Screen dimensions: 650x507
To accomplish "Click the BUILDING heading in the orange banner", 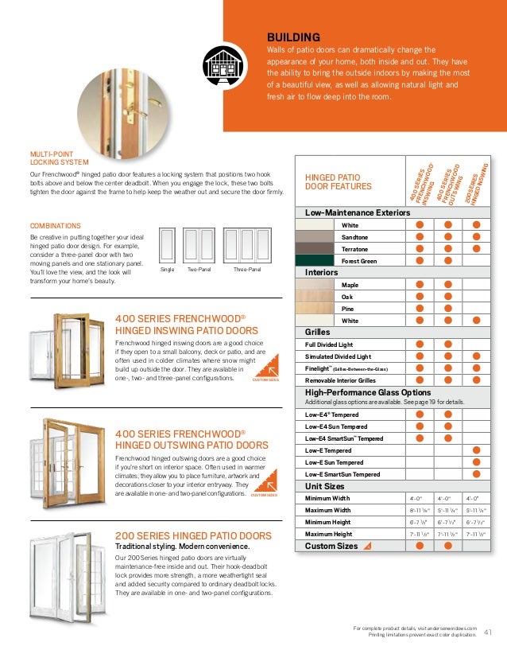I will (293, 37).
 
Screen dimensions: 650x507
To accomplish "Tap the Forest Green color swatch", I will (314, 260).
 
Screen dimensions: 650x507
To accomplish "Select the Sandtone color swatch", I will (314, 237).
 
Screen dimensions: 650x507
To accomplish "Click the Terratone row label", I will (355, 249).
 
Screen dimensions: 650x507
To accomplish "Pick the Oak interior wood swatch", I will (314, 296).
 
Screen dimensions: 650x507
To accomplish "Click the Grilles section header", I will (318, 332).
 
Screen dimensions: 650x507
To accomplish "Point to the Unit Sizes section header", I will (324, 485).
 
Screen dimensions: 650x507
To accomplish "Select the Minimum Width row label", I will (327, 498).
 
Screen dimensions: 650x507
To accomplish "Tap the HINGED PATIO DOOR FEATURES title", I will (339, 181).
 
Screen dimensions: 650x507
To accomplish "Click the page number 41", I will (488, 632).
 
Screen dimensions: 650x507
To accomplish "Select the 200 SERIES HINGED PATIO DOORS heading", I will (193, 535).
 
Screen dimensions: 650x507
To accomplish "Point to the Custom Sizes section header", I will (331, 546).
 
